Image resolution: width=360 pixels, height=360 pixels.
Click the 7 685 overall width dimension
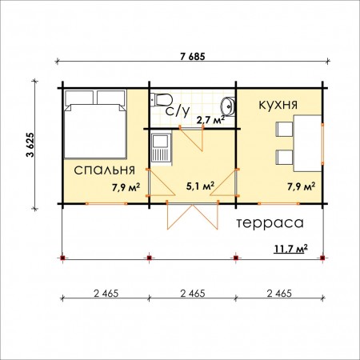click(x=193, y=57)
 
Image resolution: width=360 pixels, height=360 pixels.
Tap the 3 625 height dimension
click(x=30, y=145)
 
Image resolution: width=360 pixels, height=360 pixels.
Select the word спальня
click(x=105, y=170)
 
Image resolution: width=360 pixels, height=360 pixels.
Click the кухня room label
click(x=278, y=105)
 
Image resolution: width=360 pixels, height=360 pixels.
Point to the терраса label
click(x=270, y=223)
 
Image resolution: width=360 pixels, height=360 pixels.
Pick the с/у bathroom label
click(x=178, y=110)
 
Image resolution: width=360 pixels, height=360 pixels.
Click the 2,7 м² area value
click(x=210, y=120)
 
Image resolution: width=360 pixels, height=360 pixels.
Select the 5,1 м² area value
click(x=200, y=186)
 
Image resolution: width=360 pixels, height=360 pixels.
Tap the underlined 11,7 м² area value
click(x=291, y=249)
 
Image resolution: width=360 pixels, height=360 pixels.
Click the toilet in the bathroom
click(x=161, y=100)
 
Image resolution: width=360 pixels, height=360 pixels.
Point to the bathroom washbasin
click(x=227, y=106)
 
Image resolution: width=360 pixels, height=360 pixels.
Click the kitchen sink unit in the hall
click(x=161, y=149)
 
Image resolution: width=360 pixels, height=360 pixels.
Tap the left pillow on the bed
click(x=79, y=98)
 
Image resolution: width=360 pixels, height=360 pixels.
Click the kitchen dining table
click(x=307, y=143)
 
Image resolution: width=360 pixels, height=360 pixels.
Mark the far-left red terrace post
click(x=62, y=258)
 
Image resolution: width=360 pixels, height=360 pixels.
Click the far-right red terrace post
click(x=322, y=258)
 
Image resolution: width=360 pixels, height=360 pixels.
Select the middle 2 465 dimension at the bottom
click(x=193, y=294)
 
